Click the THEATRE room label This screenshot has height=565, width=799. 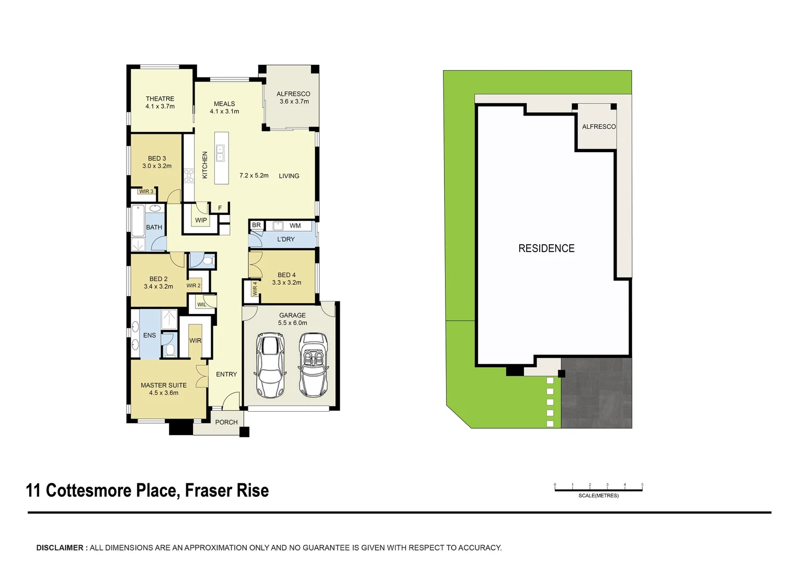(x=160, y=99)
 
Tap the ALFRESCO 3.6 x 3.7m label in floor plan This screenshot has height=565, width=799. (x=293, y=98)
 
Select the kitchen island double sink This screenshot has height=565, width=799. (x=221, y=153)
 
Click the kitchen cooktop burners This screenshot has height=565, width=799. (x=189, y=175)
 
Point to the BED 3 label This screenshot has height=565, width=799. (x=157, y=159)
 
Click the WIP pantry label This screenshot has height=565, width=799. (x=201, y=220)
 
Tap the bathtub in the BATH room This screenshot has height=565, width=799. (x=138, y=221)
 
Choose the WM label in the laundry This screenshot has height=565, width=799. (x=295, y=226)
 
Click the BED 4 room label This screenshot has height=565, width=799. (x=287, y=275)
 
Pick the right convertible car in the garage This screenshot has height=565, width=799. (x=313, y=365)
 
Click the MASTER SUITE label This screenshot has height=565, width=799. (x=164, y=386)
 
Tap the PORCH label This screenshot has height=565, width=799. (x=226, y=422)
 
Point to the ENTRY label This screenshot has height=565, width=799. (x=226, y=375)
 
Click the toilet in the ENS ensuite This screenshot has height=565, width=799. (x=169, y=349)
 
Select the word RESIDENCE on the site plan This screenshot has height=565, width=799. (x=546, y=248)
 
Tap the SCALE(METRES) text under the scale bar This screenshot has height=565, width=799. (x=598, y=495)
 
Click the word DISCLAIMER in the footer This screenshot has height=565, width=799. (x=60, y=548)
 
